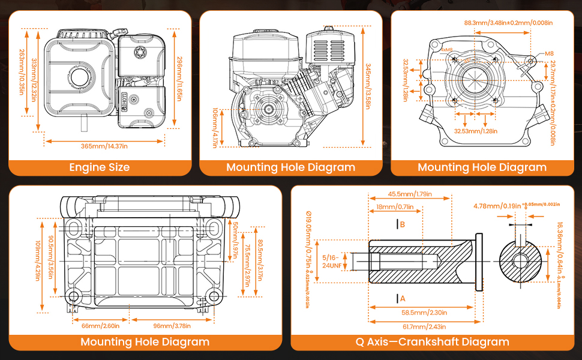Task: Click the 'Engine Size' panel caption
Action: [100, 167]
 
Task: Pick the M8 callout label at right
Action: [549, 53]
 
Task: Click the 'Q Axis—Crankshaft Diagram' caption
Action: [432, 342]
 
